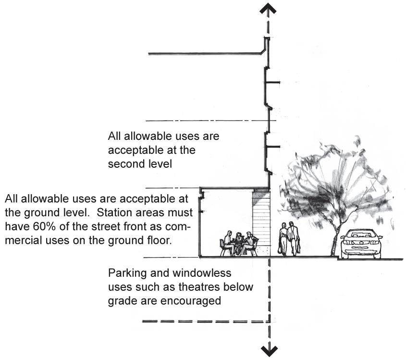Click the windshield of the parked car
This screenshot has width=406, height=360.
361,235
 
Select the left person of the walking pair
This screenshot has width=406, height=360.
283,238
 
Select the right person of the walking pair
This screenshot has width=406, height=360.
293,238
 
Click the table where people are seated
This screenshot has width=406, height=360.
237,243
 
